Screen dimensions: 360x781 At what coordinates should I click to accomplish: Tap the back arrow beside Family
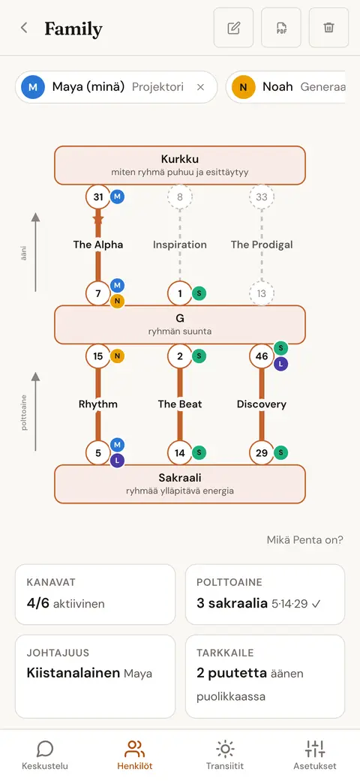pyautogui.click(x=24, y=28)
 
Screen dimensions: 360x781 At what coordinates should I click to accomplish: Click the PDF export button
pyautogui.click(x=281, y=28)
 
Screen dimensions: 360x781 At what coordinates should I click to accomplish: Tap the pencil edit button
pyautogui.click(x=233, y=28)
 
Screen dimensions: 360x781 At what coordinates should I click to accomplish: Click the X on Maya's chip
pyautogui.click(x=201, y=87)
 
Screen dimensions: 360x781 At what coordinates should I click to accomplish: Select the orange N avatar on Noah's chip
pyautogui.click(x=244, y=87)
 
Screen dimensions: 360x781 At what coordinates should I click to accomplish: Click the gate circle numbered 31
pyautogui.click(x=98, y=197)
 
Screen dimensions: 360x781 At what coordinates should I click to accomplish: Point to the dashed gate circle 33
pyautogui.click(x=262, y=197)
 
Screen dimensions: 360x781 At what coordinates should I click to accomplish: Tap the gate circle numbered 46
pyautogui.click(x=262, y=356)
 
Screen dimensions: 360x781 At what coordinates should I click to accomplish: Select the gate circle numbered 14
pyautogui.click(x=180, y=452)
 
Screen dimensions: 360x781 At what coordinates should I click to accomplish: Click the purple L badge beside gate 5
pyautogui.click(x=117, y=461)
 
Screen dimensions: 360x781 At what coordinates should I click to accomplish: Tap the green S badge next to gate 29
pyautogui.click(x=280, y=452)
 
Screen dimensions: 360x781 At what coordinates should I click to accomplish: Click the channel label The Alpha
pyautogui.click(x=98, y=245)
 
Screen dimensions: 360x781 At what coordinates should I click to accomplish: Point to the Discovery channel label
pyautogui.click(x=262, y=404)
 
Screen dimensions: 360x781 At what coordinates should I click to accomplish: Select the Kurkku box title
pyautogui.click(x=180, y=159)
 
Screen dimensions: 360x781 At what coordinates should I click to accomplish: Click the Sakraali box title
pyautogui.click(x=180, y=478)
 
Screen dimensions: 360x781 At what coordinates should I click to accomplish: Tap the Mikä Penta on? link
pyautogui.click(x=304, y=540)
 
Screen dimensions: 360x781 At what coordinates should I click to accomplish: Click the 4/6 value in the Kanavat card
pyautogui.click(x=37, y=603)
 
